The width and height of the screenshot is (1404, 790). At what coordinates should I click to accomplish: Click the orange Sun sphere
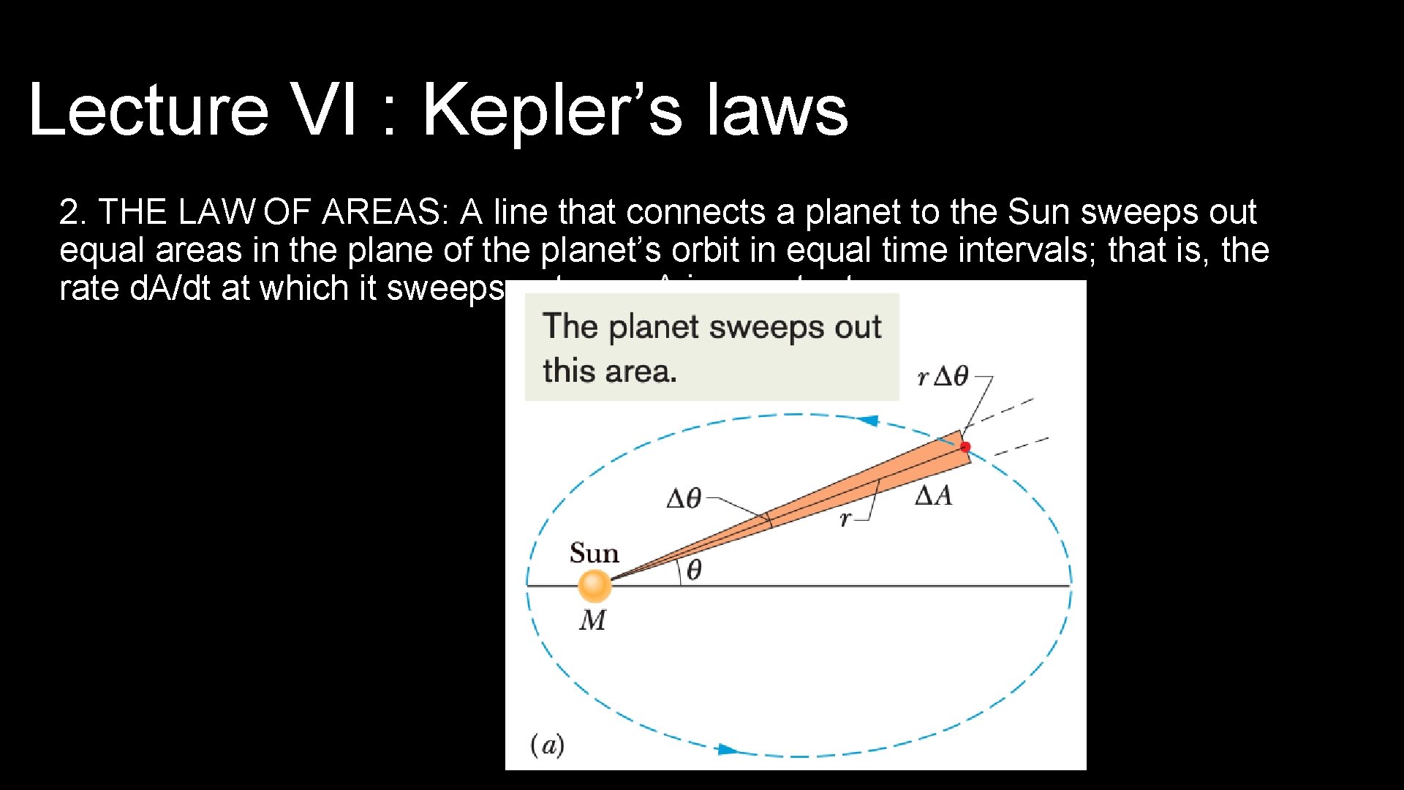tap(595, 585)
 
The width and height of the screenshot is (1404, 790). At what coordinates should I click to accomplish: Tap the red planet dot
tap(965, 446)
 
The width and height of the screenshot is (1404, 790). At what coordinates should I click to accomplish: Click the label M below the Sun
tap(592, 620)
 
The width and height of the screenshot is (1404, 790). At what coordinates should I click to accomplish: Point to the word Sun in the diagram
tap(594, 553)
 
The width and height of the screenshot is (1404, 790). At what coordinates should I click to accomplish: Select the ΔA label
tap(934, 496)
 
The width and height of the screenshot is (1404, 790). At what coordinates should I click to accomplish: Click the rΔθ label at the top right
tap(943, 377)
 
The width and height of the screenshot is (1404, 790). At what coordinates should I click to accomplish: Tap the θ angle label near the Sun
tap(694, 570)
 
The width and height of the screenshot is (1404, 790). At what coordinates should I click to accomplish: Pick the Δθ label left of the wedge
tap(684, 499)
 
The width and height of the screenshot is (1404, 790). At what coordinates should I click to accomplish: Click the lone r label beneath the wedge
tap(845, 519)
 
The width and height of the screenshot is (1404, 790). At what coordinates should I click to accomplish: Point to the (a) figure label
tap(547, 745)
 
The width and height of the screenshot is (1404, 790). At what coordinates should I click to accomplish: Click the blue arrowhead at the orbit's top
tap(868, 421)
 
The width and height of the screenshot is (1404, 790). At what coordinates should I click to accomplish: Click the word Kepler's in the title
tap(552, 110)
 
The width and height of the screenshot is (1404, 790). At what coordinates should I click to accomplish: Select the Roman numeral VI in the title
tap(323, 110)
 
